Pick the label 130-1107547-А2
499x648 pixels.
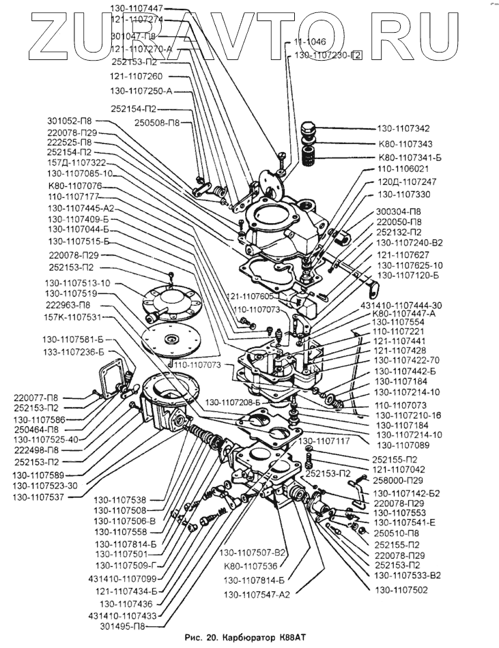pos(257,594)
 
